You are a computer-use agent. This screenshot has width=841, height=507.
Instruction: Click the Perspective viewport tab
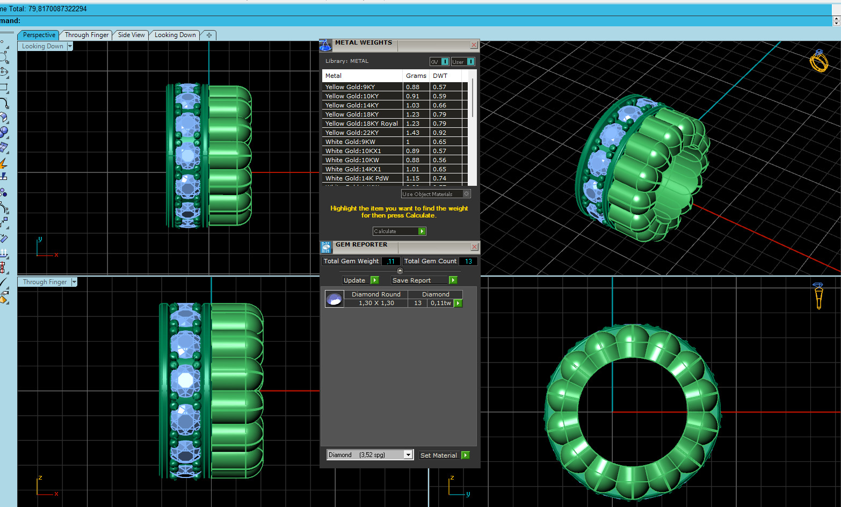click(x=39, y=35)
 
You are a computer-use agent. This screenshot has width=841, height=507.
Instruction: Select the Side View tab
click(x=131, y=35)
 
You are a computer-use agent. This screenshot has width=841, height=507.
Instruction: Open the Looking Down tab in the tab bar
click(x=175, y=35)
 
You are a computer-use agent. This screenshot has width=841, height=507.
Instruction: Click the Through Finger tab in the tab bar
click(x=86, y=35)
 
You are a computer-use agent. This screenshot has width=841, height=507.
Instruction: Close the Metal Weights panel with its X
click(x=474, y=45)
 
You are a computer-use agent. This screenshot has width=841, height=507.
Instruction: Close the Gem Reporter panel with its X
click(x=474, y=247)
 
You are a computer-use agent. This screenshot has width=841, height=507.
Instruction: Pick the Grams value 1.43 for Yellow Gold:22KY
click(x=412, y=133)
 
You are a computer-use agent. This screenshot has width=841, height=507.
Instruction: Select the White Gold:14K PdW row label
click(x=357, y=178)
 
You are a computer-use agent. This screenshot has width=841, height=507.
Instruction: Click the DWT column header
click(x=440, y=76)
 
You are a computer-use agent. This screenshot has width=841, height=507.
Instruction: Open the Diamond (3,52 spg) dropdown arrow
click(x=408, y=455)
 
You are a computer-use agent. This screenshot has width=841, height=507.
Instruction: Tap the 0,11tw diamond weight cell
click(x=440, y=303)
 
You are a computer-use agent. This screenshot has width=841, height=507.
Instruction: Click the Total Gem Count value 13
click(x=468, y=262)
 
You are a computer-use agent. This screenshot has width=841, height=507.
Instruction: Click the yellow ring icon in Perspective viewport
click(x=818, y=61)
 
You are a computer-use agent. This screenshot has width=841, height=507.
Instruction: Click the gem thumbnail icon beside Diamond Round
click(x=334, y=299)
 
